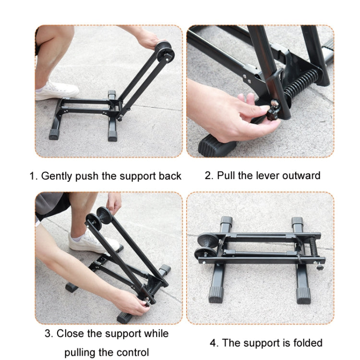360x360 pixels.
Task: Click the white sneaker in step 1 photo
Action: click(57, 90)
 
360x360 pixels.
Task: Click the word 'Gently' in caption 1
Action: click(57, 176)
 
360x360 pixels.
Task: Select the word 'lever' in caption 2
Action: click(263, 175)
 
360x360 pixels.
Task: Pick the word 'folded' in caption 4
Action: click(307, 343)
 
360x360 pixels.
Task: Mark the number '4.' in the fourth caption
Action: click(214, 343)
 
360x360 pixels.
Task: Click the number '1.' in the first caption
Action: click(34, 176)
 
